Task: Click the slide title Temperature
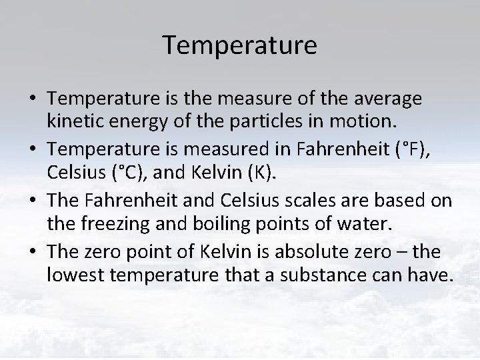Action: tap(240, 46)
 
